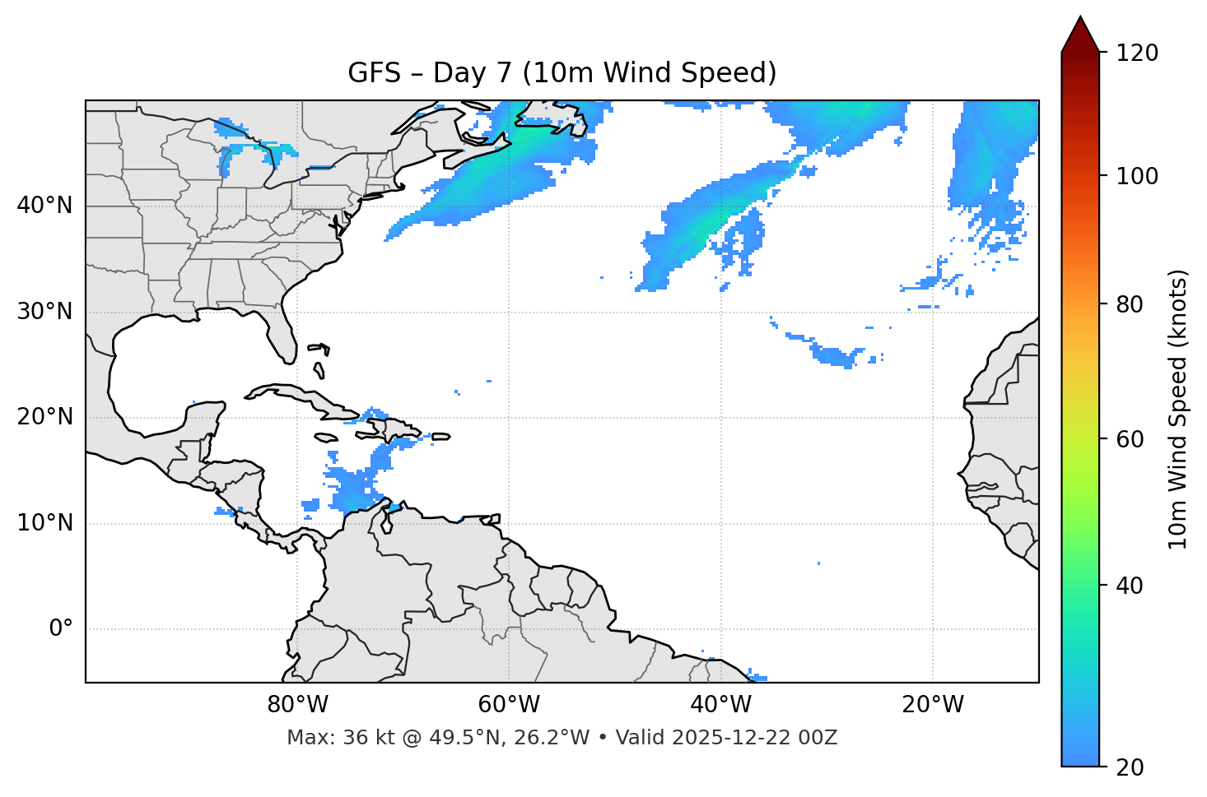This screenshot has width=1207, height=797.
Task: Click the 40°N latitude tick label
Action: coord(44,206)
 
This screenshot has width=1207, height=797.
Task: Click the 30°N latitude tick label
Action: coord(44,312)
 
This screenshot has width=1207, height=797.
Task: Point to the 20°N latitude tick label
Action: coord(44,417)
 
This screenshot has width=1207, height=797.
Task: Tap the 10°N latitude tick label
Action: coord(44,523)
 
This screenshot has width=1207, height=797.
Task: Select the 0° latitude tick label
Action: coord(61,629)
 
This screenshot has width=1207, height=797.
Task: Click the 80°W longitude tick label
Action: coord(297,705)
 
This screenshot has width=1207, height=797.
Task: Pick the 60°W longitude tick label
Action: coord(509,705)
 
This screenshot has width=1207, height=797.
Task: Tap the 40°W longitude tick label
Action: coord(720,705)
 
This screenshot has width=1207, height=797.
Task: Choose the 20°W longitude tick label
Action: coord(933,705)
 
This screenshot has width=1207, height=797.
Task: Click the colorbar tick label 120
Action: coord(1137,53)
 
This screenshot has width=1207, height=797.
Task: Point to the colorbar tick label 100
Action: coord(1137,176)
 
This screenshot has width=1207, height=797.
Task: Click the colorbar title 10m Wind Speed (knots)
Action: coord(1178,409)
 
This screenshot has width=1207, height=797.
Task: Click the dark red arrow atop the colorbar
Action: coord(1080,35)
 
